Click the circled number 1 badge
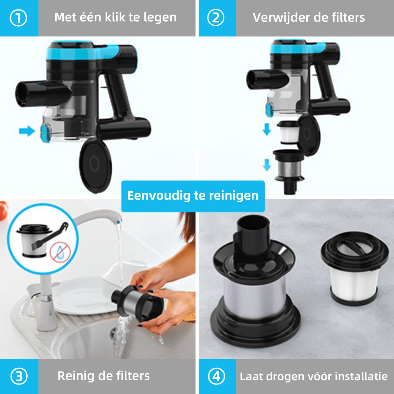19,18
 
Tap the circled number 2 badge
216,18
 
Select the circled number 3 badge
19,376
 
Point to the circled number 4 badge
216,376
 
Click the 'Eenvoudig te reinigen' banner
193,196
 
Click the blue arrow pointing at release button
27,131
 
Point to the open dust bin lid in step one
95,165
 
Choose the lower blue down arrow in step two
267,165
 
